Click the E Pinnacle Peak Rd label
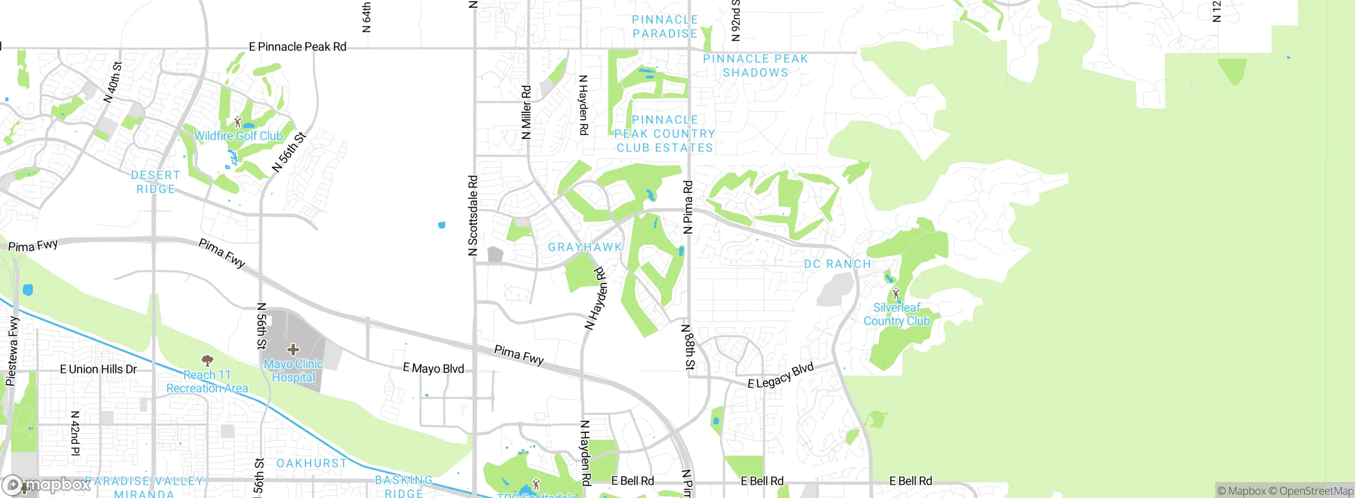click(297, 47)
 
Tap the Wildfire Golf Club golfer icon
click(238, 122)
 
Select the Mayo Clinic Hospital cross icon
click(293, 350)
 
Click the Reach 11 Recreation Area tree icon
click(207, 361)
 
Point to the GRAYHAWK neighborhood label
click(585, 247)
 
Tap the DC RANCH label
click(837, 264)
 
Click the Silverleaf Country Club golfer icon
click(896, 293)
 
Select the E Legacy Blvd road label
click(780, 376)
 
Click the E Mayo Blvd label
click(433, 369)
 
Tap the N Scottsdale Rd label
click(473, 216)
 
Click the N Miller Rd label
click(526, 113)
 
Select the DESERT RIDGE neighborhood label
click(156, 182)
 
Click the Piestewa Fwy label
click(12, 351)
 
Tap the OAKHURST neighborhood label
click(312, 464)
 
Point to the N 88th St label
click(688, 348)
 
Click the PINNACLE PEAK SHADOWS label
click(755, 66)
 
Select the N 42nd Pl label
click(75, 433)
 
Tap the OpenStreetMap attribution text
click(1316, 491)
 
